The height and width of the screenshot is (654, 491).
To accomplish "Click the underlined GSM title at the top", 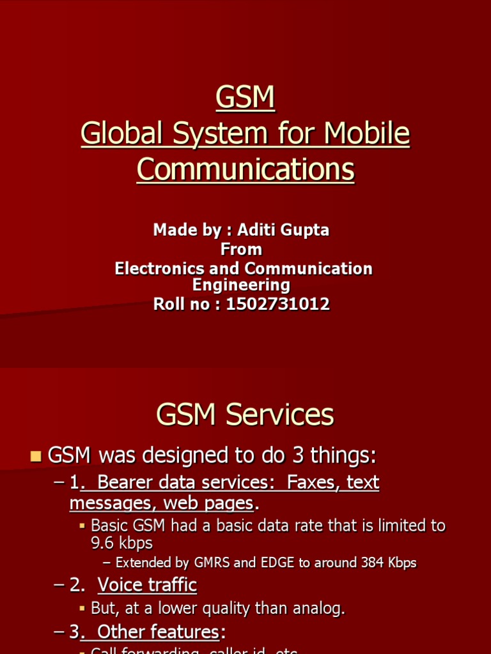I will click(245, 98).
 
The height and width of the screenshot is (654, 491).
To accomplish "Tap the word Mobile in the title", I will click(367, 133).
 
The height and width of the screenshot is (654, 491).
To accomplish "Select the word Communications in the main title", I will click(245, 169).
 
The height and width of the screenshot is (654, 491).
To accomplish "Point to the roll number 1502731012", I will click(278, 304).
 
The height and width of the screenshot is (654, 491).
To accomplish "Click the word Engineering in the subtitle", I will click(241, 284).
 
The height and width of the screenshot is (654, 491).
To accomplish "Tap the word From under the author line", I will click(241, 249).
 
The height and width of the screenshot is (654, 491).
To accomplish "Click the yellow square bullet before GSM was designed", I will click(36, 456).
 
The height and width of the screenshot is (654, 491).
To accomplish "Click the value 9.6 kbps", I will click(121, 543).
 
